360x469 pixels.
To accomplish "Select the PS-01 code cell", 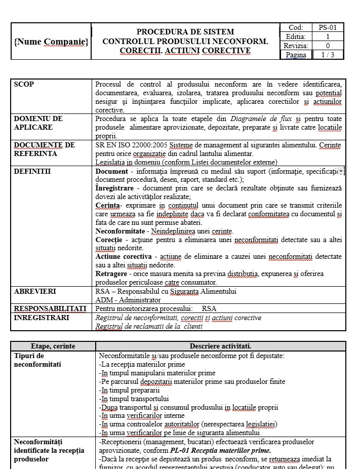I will pos(328,28).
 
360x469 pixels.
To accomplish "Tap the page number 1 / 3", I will pos(328,55).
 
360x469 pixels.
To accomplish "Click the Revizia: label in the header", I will pos(296,46).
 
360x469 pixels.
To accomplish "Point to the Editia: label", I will pos(296,36).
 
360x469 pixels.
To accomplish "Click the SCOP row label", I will pos(24,84).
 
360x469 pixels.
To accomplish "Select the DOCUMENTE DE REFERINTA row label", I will pos(44,149).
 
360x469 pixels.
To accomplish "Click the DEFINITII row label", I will pos(32,171).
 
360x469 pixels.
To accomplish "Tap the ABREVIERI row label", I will pos(35,291).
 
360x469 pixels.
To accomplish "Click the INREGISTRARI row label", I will pos(42,318).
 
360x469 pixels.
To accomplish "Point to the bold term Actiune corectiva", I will pos(124,256).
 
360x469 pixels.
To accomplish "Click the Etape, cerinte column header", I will pos(53,346).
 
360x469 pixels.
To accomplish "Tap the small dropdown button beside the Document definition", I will pos(341,172).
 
